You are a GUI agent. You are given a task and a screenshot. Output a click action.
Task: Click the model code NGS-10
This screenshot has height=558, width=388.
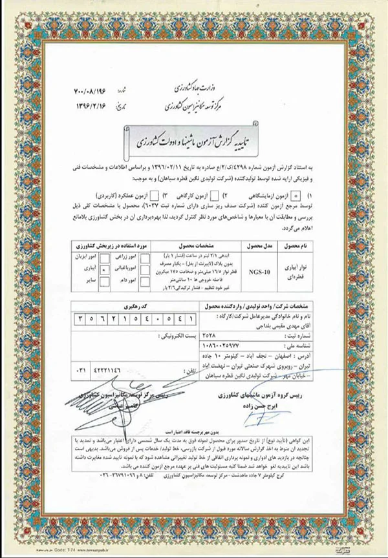click(241, 273)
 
